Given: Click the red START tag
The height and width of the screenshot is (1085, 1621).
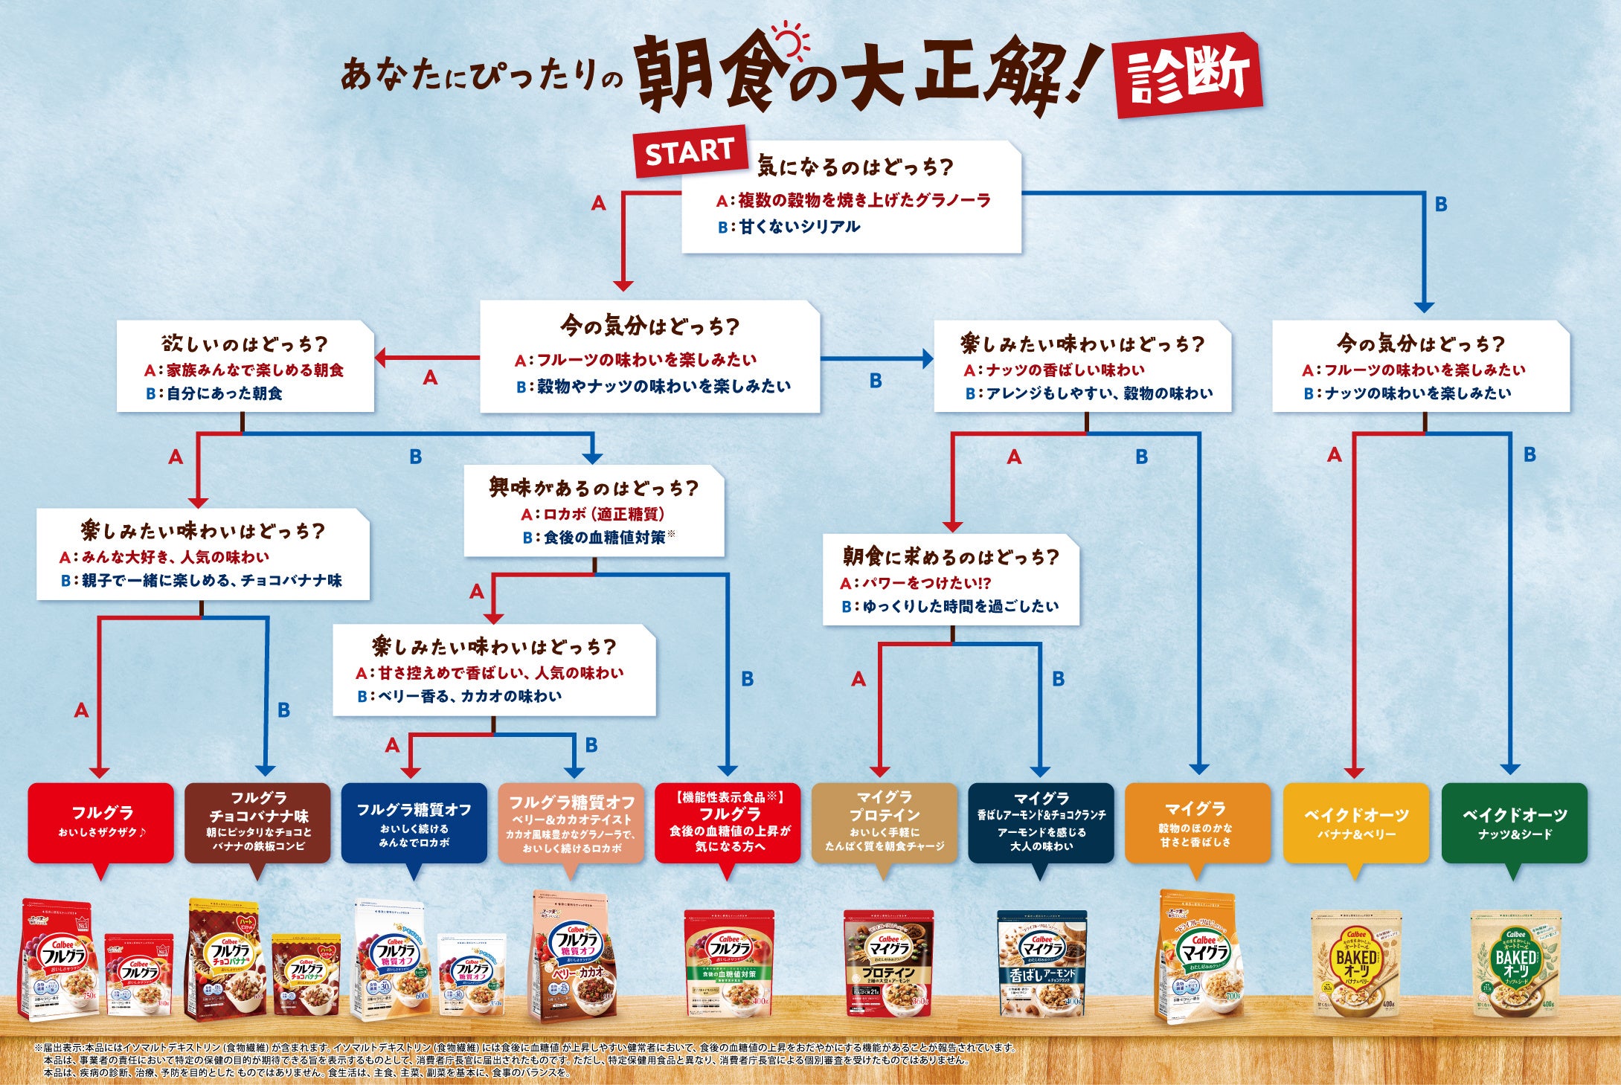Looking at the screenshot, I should coord(690,152).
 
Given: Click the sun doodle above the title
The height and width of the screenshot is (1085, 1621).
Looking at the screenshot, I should coord(790,41).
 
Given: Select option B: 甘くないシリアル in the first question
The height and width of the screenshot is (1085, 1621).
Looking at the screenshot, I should coord(789,227).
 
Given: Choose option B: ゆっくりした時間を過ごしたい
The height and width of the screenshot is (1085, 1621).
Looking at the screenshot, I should coord(950,607).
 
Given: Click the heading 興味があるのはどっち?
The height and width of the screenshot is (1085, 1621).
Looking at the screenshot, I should coord(594,488).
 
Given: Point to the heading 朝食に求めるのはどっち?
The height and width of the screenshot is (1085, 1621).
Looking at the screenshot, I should coord(950,556).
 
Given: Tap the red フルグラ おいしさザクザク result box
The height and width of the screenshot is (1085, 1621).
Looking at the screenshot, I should coord(101,822).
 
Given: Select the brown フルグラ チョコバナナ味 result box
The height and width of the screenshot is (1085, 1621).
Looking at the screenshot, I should coord(258,822).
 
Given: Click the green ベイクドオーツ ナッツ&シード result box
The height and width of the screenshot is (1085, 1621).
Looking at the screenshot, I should coord(1514,822).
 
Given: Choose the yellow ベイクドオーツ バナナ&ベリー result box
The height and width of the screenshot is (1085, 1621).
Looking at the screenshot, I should coord(1356,822).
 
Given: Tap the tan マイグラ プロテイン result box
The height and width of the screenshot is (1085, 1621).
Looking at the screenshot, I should coord(884,822).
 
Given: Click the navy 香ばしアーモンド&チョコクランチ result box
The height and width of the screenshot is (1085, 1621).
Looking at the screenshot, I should coord(1041,822).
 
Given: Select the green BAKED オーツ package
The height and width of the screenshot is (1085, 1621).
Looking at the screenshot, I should coord(1515,964).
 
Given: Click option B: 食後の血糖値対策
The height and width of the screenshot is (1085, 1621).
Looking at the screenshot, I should coord(600,537).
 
